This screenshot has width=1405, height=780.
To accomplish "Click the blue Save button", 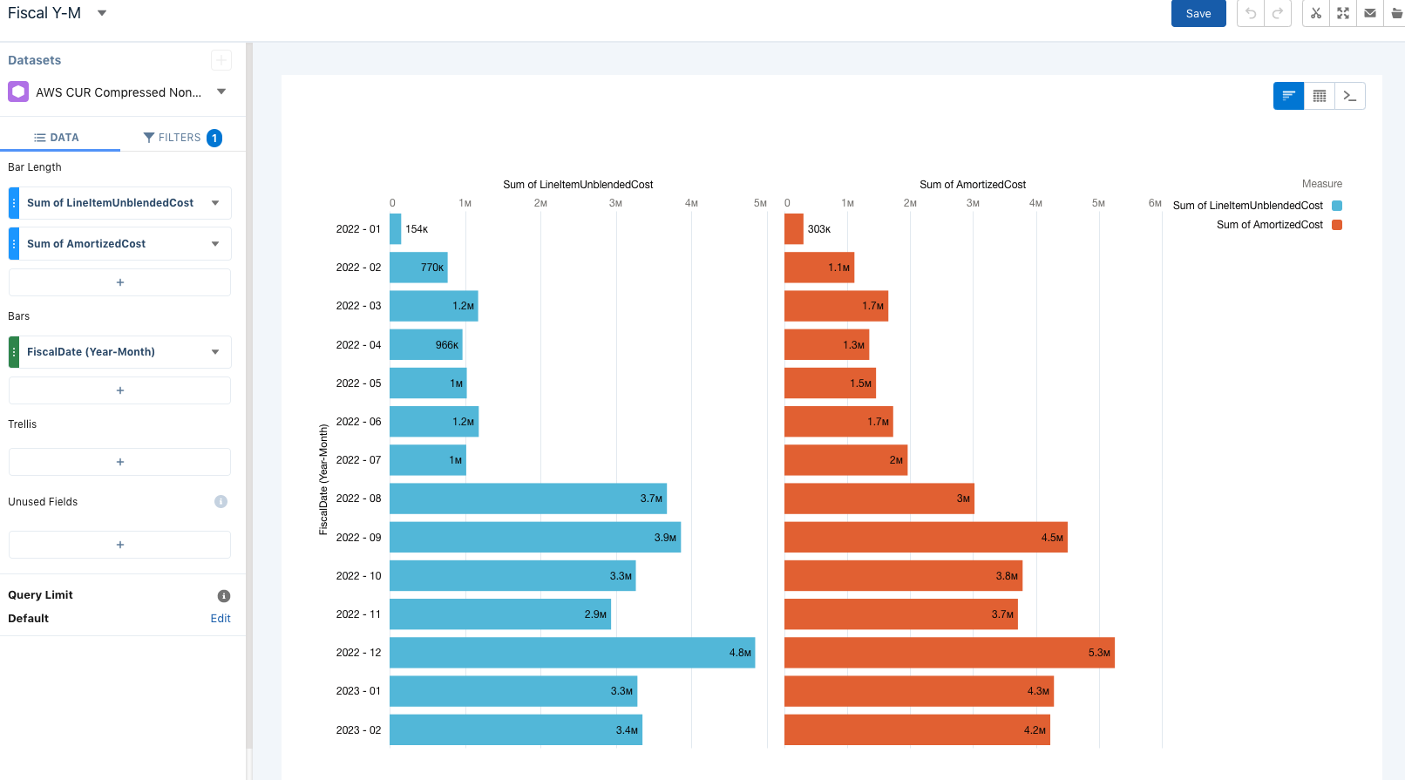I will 1198,14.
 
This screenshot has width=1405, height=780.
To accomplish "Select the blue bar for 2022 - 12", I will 571,653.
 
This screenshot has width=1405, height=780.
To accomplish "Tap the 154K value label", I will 417,229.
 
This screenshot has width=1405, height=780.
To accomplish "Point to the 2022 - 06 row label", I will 358,422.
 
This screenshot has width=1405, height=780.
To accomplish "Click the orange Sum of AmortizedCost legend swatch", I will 1337,225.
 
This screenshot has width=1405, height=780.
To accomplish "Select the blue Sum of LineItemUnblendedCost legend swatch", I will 1337,206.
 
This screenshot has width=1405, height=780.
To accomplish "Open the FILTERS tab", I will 181,138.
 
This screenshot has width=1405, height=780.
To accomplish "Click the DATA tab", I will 57,138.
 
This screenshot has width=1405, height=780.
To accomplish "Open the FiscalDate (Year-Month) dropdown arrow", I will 215,352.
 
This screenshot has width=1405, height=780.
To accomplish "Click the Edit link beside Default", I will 221,619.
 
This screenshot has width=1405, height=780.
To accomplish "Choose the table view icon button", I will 1320,96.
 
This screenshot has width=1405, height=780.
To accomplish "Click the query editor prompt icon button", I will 1350,96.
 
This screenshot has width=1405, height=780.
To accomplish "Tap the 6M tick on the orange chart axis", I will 1155,203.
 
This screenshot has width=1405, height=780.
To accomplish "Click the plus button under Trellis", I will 120,462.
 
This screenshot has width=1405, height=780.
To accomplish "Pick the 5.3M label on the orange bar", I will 1099,653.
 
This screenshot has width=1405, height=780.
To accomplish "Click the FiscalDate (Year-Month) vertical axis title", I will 323,479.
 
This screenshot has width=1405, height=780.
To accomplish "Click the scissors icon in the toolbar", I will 1316,13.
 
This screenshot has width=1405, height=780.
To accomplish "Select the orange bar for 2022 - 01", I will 794,229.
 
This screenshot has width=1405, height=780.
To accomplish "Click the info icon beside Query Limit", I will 224,596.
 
